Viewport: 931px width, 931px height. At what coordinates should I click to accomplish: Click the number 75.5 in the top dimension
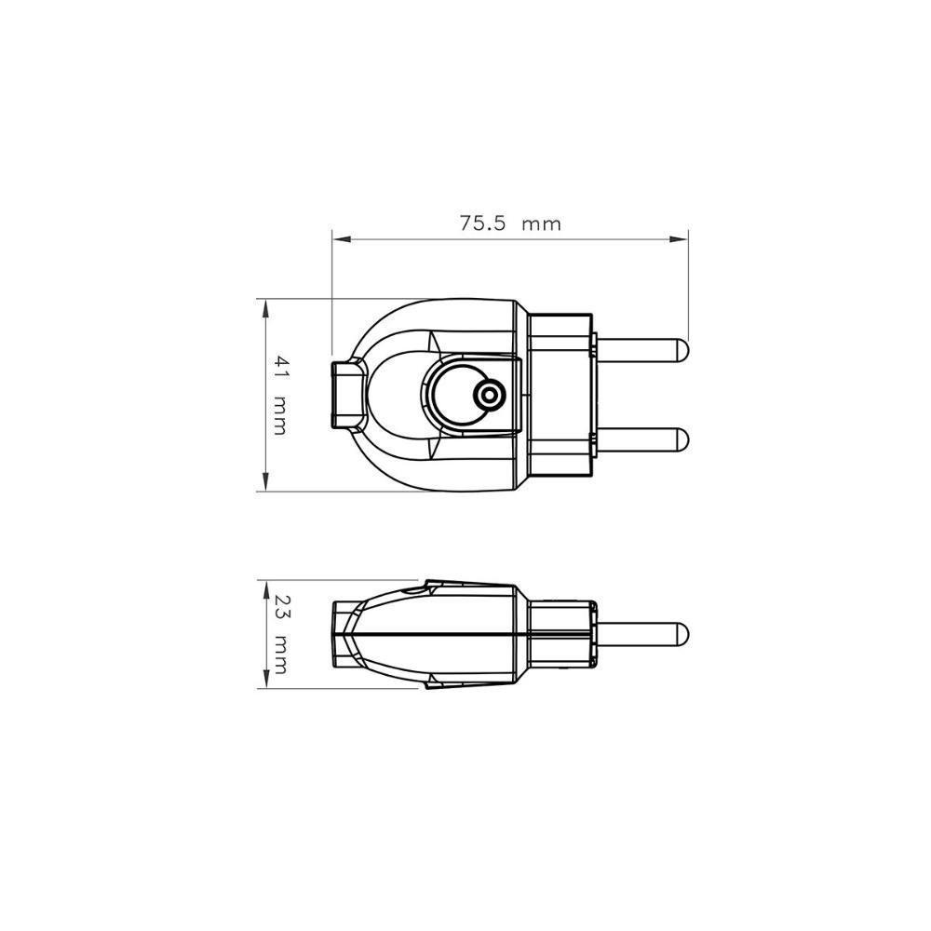pos(481,223)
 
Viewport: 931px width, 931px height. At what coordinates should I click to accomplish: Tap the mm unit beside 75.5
pos(541,224)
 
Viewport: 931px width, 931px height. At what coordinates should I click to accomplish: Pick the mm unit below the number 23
pos(278,655)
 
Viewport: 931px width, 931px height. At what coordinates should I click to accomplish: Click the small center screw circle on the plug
pos(486,396)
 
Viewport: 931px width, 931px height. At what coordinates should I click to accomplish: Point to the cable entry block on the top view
pos(346,395)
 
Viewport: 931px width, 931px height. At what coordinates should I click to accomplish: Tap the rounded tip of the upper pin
pos(682,350)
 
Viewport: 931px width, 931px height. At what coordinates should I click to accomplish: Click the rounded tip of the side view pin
pos(682,634)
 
